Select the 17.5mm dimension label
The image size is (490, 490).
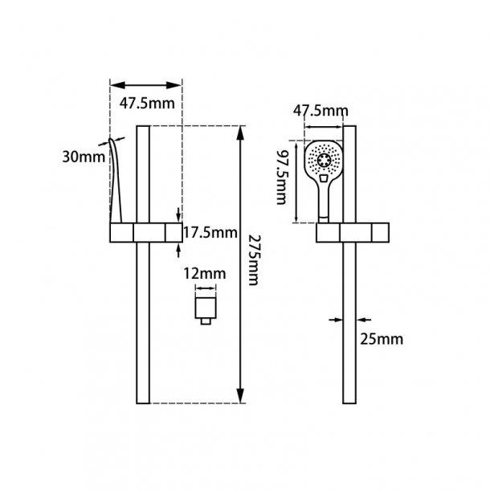(x=210, y=234)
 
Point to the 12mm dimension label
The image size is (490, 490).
(x=204, y=274)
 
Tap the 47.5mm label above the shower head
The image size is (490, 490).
(x=321, y=110)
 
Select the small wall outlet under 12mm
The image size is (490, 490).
(x=206, y=308)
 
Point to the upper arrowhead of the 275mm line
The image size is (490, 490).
(x=240, y=133)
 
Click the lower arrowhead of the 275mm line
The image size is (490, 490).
(x=240, y=394)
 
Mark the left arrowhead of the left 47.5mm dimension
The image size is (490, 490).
(x=115, y=84)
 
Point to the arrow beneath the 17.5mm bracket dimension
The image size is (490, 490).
(x=178, y=250)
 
